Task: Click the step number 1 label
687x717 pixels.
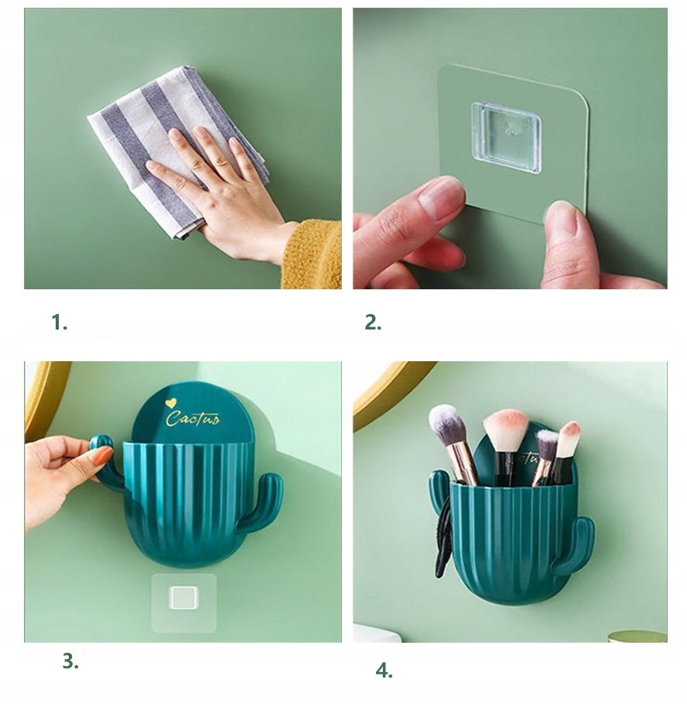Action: click(x=60, y=323)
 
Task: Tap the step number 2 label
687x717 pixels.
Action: click(x=373, y=323)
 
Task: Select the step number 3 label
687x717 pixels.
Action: click(x=70, y=661)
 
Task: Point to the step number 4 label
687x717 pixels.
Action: click(x=384, y=671)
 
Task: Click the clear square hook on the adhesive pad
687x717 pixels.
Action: click(x=506, y=138)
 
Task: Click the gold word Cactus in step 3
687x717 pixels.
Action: click(x=193, y=418)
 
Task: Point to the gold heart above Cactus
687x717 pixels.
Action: click(x=171, y=403)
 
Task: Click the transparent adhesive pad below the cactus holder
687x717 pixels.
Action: click(x=184, y=603)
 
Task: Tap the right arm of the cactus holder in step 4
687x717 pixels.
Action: click(x=573, y=545)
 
